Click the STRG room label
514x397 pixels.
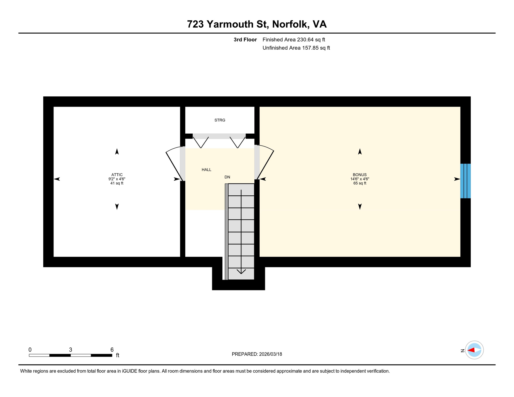[220, 120]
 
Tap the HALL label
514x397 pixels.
[206, 170]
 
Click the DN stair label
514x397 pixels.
[227, 177]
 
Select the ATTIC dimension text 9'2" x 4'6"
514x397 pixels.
[117, 179]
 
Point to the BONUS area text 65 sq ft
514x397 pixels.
[360, 183]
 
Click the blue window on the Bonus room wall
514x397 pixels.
[465, 181]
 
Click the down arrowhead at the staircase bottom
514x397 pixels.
[241, 271]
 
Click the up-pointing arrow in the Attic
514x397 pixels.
[117, 152]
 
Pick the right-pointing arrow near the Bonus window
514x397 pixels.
[457, 179]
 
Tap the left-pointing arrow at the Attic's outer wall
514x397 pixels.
[57, 179]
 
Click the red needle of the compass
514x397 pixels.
[471, 350]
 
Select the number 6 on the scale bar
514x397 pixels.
[112, 350]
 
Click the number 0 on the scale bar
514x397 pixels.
[30, 350]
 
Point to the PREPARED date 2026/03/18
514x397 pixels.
[270, 354]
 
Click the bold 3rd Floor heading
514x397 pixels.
[245, 40]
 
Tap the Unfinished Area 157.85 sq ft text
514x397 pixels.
[296, 48]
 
